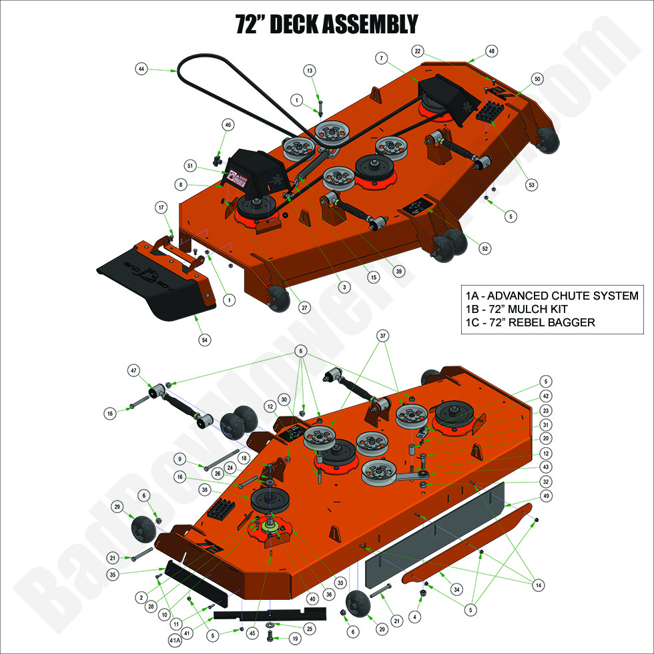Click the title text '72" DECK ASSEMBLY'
[327, 24]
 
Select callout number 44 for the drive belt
[141, 69]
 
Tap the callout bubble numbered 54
[205, 340]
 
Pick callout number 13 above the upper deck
[310, 70]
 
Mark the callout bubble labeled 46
[228, 125]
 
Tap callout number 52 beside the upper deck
[485, 248]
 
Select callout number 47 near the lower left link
[133, 369]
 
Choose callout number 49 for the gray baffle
[547, 496]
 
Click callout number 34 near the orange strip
[456, 590]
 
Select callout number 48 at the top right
[493, 51]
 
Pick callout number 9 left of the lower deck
[180, 458]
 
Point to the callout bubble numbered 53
[532, 184]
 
